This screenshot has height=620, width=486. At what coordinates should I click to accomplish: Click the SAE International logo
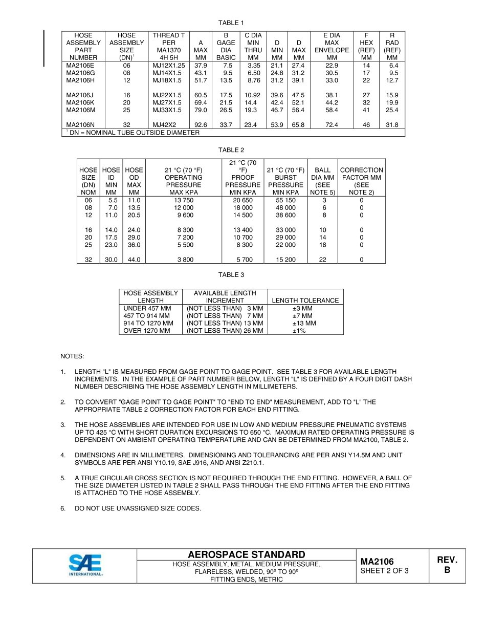click(86, 565)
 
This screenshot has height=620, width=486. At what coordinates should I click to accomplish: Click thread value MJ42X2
click(164, 125)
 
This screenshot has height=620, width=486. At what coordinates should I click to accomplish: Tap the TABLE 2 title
click(231, 150)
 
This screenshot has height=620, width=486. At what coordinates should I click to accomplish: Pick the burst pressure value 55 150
click(285, 200)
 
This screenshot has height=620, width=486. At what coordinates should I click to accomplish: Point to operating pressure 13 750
click(183, 200)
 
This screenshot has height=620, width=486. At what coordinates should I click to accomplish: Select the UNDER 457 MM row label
click(147, 308)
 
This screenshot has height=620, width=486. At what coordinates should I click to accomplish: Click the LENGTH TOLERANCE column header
click(305, 301)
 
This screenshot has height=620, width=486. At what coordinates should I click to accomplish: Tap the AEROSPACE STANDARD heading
click(247, 555)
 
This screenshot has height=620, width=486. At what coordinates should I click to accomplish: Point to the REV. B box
click(447, 565)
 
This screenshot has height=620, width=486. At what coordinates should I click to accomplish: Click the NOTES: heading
click(72, 356)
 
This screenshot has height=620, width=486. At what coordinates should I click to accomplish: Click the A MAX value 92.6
click(201, 125)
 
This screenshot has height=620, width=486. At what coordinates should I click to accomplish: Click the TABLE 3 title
click(231, 275)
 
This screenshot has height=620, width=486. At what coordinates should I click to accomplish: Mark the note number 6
click(63, 508)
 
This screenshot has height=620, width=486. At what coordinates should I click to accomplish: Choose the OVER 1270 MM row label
click(147, 331)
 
